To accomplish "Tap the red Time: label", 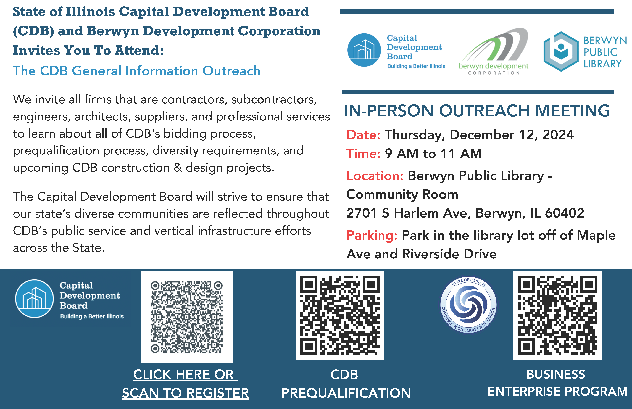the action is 363,154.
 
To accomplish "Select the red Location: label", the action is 375,176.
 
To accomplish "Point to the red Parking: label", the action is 372,236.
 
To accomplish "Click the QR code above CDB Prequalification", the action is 340,315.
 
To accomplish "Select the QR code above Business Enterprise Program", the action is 557,315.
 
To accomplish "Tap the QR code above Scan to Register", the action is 186,317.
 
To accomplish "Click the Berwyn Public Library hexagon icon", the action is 561,51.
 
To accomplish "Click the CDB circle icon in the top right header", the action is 364,50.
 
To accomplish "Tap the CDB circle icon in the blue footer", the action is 35,299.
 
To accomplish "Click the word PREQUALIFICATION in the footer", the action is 346,393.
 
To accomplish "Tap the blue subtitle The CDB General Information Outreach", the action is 136,71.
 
